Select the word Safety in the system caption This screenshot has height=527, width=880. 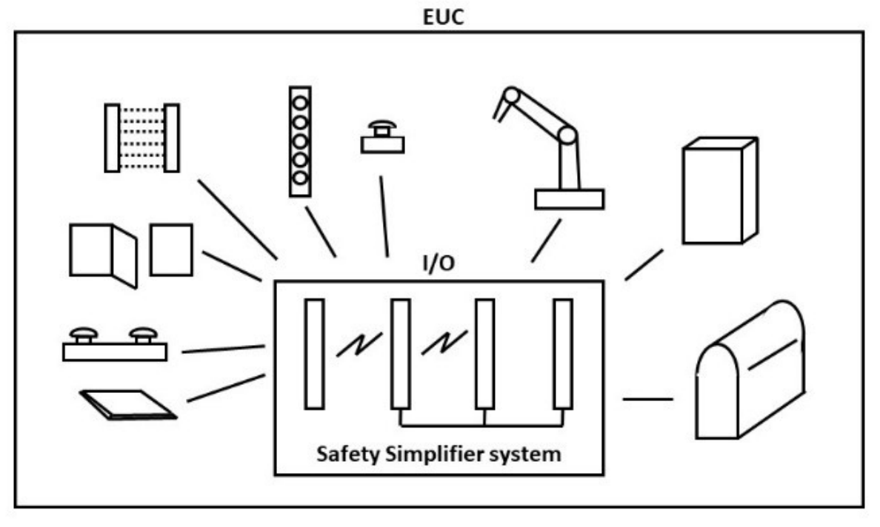click(x=343, y=454)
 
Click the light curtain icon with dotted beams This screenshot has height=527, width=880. click(x=141, y=138)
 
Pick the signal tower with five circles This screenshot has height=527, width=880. click(x=299, y=141)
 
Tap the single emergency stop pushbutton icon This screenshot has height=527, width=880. click(x=382, y=139)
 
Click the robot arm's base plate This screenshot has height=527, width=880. click(x=569, y=199)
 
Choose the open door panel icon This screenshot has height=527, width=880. click(x=103, y=253)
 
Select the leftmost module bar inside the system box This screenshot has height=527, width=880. click(x=314, y=354)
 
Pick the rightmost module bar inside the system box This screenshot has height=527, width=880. click(x=563, y=354)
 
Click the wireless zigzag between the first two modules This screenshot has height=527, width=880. click(x=359, y=345)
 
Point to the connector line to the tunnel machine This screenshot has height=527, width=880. click(x=647, y=400)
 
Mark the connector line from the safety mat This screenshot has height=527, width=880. click(x=226, y=389)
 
